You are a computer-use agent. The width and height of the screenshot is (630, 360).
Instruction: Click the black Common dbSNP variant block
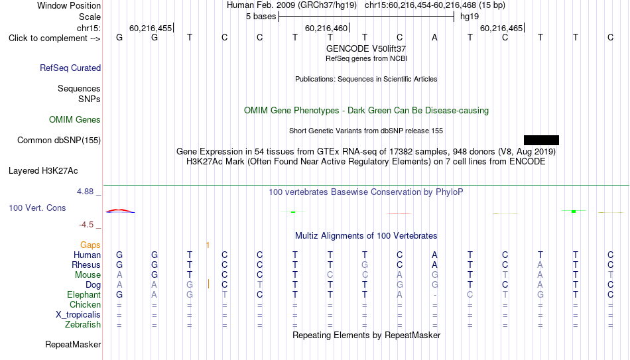coord(541,141)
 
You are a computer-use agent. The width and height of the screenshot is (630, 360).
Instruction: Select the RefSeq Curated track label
coord(70,68)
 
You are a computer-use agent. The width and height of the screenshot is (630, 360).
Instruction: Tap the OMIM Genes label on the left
coord(75,120)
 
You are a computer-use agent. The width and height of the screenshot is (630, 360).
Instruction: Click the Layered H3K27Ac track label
coord(43,171)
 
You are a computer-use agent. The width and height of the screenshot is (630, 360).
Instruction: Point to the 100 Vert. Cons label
coord(37,208)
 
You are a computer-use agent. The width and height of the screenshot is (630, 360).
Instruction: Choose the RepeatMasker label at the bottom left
coord(73,344)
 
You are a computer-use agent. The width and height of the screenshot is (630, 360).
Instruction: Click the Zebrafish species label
coord(83,324)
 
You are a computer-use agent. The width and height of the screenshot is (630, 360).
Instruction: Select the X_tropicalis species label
coord(78,315)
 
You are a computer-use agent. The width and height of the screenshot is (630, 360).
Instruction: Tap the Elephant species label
coord(84,294)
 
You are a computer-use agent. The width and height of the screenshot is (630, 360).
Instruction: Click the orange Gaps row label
coord(90,245)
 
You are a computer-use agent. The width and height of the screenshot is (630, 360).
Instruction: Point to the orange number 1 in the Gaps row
coord(208,245)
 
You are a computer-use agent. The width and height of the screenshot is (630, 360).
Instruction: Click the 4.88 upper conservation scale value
coord(85,192)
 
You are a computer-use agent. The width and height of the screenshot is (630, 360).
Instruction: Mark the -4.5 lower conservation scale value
coord(86,225)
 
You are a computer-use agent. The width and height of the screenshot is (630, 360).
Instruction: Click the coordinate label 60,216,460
coord(326,28)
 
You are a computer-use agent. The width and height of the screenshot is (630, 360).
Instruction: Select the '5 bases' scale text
coord(261,17)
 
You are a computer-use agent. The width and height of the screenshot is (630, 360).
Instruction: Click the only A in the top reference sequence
coord(434,38)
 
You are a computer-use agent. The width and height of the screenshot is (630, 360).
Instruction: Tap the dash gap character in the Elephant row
coord(435,295)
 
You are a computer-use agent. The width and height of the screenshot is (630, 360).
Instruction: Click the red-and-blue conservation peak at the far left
coord(120,211)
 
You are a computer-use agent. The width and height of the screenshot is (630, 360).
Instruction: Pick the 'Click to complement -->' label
coord(54,38)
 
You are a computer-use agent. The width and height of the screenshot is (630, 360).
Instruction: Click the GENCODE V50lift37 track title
coord(366,48)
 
